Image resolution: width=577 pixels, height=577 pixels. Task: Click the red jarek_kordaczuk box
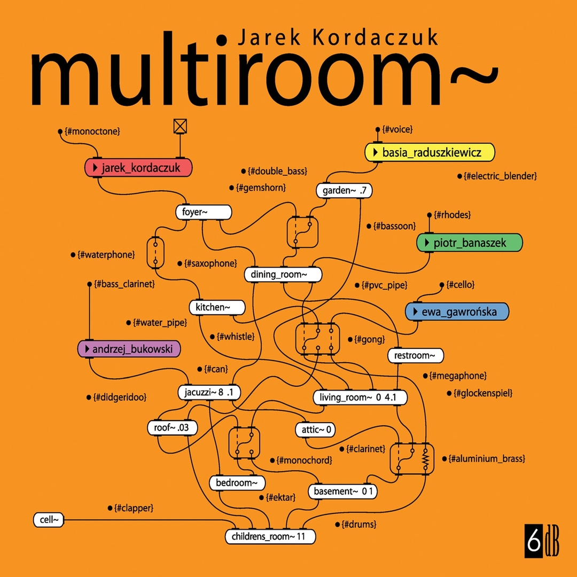[x=138, y=168]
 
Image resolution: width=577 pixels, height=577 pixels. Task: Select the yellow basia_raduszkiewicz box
[x=430, y=153]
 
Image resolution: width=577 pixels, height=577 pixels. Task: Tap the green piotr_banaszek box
[x=469, y=243]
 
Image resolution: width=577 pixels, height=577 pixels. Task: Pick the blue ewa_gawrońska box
[x=457, y=311]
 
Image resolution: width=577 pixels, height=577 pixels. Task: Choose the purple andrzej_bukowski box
[x=129, y=349]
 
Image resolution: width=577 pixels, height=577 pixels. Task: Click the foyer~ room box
[x=203, y=213]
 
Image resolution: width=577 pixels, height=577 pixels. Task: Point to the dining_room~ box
[x=283, y=275]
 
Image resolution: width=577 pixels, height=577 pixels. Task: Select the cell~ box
[x=49, y=519]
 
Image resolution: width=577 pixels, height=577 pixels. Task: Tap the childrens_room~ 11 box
[x=270, y=536]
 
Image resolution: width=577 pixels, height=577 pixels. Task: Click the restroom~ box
[x=415, y=355]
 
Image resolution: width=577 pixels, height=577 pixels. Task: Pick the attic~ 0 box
[x=315, y=429]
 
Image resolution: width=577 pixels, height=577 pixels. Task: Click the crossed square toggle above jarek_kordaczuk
[x=181, y=126]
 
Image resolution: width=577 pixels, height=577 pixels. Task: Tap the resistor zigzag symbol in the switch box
[x=425, y=458]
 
